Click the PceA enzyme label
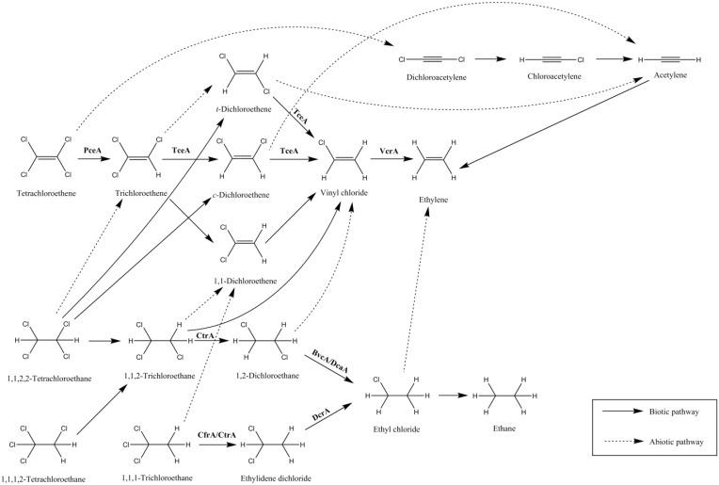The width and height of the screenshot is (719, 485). (92, 150)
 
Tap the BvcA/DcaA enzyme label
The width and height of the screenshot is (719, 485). (330, 361)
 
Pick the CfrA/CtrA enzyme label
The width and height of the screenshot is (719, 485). (216, 434)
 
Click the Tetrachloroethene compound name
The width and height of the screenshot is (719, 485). (46, 193)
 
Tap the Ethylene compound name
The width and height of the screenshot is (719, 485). (433, 200)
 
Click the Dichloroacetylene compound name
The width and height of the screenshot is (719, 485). (436, 77)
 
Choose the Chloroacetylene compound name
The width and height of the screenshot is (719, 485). (554, 76)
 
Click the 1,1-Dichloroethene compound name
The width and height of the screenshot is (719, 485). (246, 281)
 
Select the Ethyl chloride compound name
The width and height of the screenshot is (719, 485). (396, 429)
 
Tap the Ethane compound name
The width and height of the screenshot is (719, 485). (504, 428)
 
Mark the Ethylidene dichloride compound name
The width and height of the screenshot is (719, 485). (276, 478)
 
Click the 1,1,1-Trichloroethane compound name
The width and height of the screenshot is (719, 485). (157, 478)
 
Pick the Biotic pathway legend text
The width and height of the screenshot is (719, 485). (674, 412)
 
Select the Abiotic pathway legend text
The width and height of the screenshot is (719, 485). (677, 442)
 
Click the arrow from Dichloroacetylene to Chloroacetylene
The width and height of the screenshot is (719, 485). (490, 58)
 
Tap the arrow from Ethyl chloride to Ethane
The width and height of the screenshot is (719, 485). (454, 396)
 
